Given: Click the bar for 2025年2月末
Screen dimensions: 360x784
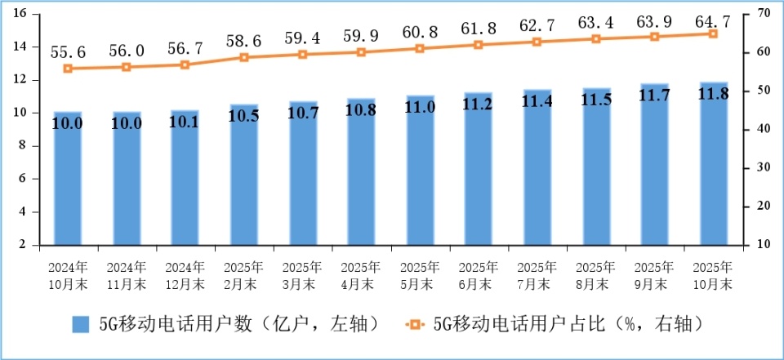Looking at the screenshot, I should [x=243, y=175].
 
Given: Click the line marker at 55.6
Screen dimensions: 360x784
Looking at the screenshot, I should [x=68, y=69].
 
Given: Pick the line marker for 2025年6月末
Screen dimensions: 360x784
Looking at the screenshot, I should [x=479, y=45].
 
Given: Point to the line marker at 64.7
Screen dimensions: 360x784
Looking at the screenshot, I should [x=713, y=33].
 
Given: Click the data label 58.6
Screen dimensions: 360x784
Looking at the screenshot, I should [x=243, y=39].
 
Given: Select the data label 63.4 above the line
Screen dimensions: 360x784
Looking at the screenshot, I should [x=596, y=20].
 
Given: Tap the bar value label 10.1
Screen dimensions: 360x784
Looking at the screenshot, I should [x=185, y=123].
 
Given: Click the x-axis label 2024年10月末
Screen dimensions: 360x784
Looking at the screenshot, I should [x=68, y=276].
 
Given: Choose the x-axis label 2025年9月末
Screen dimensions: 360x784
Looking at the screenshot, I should [x=654, y=276].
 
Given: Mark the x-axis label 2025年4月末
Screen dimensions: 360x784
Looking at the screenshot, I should [x=361, y=276].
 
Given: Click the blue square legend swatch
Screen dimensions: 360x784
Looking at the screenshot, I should [x=81, y=324].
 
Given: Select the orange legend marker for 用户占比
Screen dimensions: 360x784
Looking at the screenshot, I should [x=415, y=324].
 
